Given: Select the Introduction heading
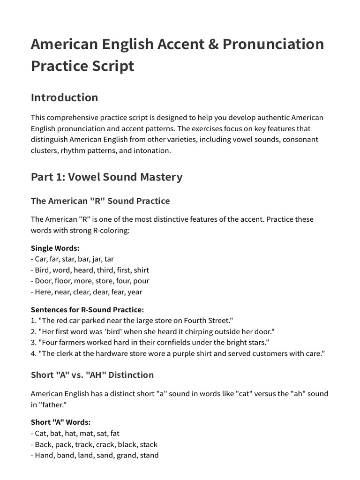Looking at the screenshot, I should [x=64, y=97].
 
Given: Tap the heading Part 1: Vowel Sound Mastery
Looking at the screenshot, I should [x=106, y=177].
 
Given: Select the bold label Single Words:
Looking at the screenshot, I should [x=55, y=248].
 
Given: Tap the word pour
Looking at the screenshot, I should [x=141, y=281].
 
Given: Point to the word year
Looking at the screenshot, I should [x=134, y=292].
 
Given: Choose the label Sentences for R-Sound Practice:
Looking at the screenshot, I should [x=87, y=309].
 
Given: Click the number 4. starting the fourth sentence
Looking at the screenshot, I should [x=34, y=353].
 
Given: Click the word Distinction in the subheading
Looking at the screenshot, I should [x=129, y=375].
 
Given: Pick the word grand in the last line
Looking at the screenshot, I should [x=126, y=455].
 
